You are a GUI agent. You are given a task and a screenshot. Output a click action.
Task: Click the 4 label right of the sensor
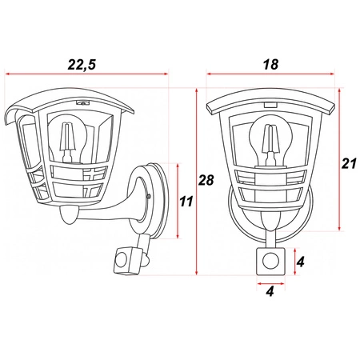[x=300, y=262]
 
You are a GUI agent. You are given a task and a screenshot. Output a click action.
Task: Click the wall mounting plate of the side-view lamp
[x=161, y=200]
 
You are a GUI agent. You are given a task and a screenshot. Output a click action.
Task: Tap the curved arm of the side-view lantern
[x=120, y=212]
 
